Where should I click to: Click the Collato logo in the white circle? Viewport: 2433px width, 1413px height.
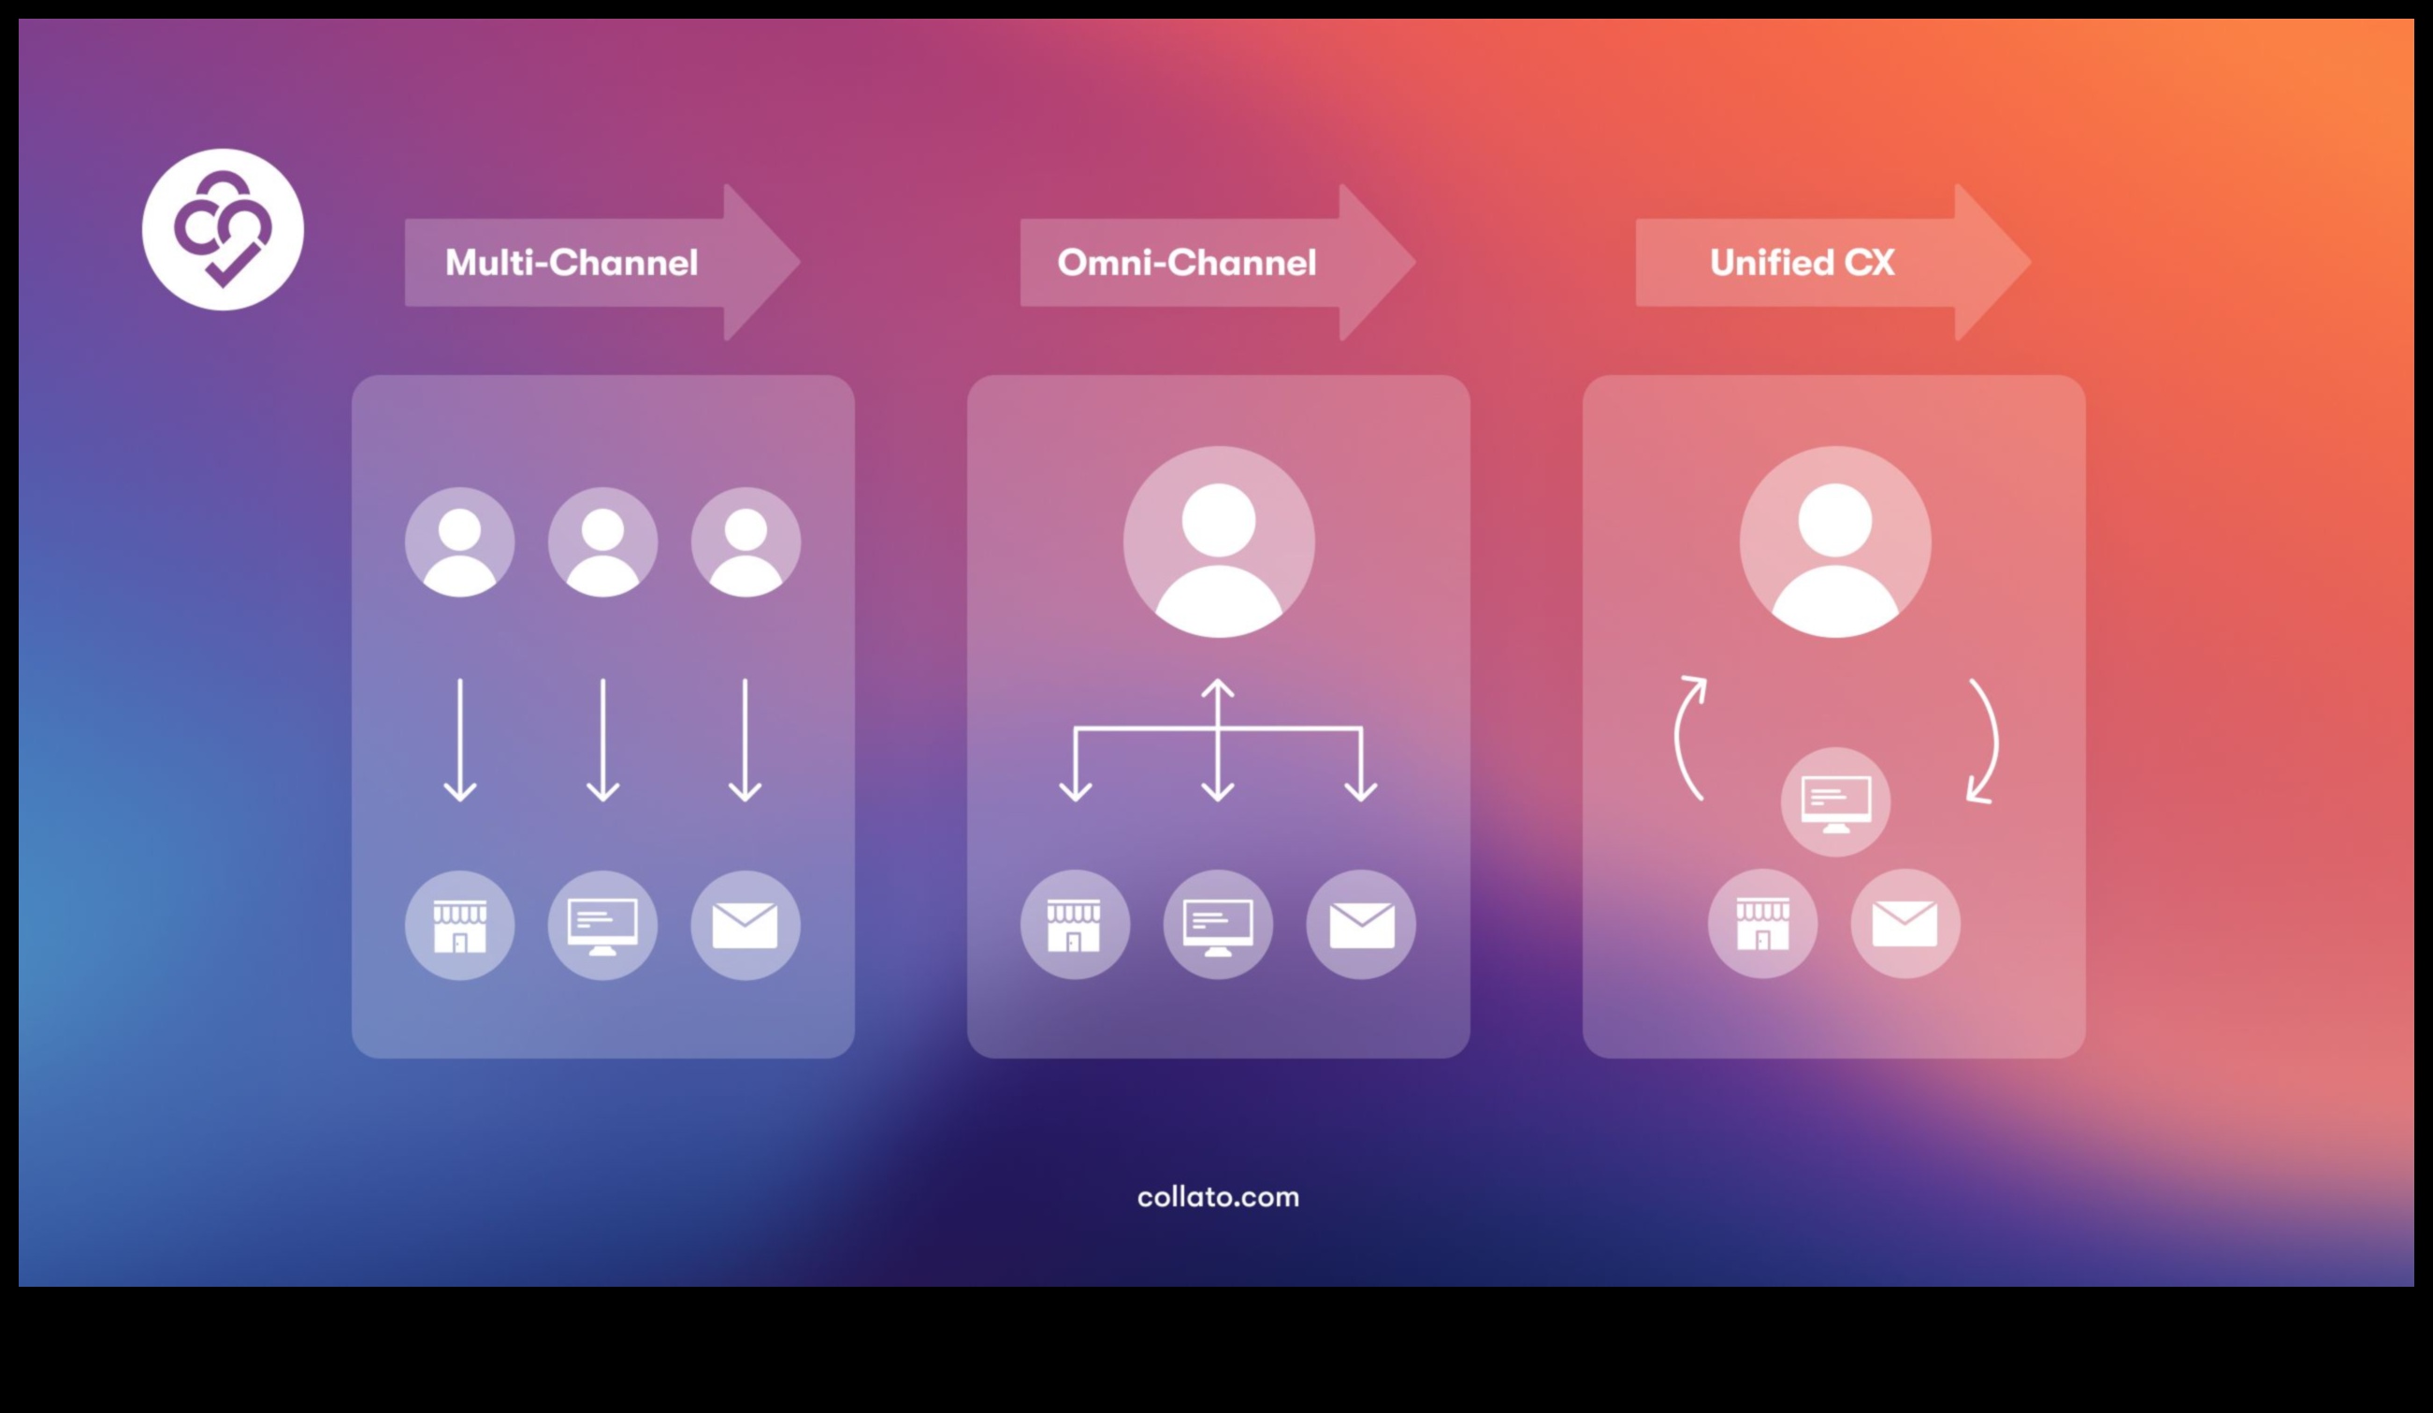pyautogui.click(x=223, y=230)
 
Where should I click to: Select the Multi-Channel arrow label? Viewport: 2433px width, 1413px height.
pyautogui.click(x=572, y=263)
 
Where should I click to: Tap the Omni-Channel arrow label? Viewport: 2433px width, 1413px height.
pyautogui.click(x=1187, y=263)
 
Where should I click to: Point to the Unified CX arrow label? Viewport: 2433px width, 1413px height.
pyautogui.click(x=1802, y=263)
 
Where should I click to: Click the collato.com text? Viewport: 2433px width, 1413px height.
pyautogui.click(x=1218, y=1197)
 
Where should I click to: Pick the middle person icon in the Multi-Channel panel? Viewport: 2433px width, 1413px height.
pyautogui.click(x=602, y=542)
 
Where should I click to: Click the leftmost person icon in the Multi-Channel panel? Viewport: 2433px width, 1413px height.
pyautogui.click(x=459, y=542)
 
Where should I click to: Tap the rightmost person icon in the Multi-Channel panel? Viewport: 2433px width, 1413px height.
pyautogui.click(x=746, y=542)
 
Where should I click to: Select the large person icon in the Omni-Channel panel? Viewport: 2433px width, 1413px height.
pyautogui.click(x=1219, y=542)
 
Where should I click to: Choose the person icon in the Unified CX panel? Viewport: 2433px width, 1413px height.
pyautogui.click(x=1835, y=542)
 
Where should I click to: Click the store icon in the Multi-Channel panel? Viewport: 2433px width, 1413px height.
pyautogui.click(x=459, y=926)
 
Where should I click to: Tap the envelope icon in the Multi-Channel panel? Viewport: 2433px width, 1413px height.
pyautogui.click(x=746, y=926)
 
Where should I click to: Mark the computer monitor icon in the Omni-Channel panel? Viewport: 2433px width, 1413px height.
pyautogui.click(x=1218, y=925)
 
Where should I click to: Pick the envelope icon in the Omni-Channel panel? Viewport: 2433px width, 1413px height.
pyautogui.click(x=1361, y=925)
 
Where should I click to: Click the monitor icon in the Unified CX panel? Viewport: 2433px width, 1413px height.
pyautogui.click(x=1835, y=802)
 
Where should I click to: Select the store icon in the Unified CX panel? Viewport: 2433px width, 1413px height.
pyautogui.click(x=1763, y=924)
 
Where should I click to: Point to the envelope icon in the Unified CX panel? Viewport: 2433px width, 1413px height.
pyautogui.click(x=1904, y=924)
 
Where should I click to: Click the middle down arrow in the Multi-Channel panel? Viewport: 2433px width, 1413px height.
pyautogui.click(x=602, y=741)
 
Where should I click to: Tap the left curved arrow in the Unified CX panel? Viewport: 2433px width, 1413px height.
pyautogui.click(x=1687, y=740)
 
